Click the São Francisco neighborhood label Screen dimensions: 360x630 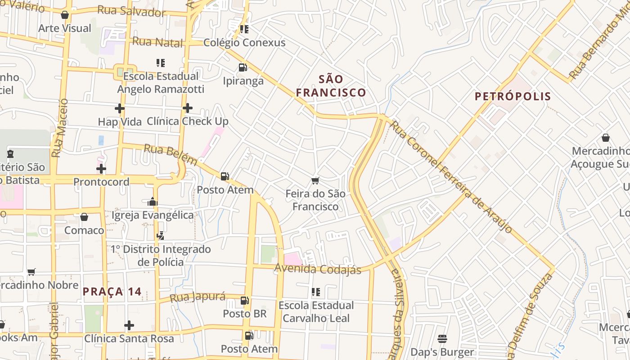tap(331, 86)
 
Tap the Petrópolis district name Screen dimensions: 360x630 tap(513, 96)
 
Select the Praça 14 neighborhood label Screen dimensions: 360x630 tap(112, 292)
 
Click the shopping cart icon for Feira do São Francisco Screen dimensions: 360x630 tap(315, 181)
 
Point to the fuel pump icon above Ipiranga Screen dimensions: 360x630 tap(243, 68)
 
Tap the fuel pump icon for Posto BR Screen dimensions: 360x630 tap(245, 301)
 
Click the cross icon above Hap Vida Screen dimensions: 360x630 tap(120, 108)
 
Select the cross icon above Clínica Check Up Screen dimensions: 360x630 tap(188, 108)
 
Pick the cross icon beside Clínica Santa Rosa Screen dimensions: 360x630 tap(129, 325)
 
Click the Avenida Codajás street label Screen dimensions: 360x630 tap(318, 269)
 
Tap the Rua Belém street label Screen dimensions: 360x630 tap(170, 154)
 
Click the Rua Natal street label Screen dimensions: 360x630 tap(157, 42)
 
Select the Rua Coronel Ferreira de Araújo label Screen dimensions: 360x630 tap(450, 176)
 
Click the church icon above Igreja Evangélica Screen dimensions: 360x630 tap(153, 202)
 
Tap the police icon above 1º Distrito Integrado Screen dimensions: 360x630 tap(161, 235)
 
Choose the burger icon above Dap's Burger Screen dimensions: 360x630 tap(442, 339)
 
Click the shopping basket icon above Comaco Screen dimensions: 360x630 tap(84, 217)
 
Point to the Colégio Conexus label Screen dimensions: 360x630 tap(244, 43)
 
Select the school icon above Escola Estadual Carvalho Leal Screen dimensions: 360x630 tap(316, 292)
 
